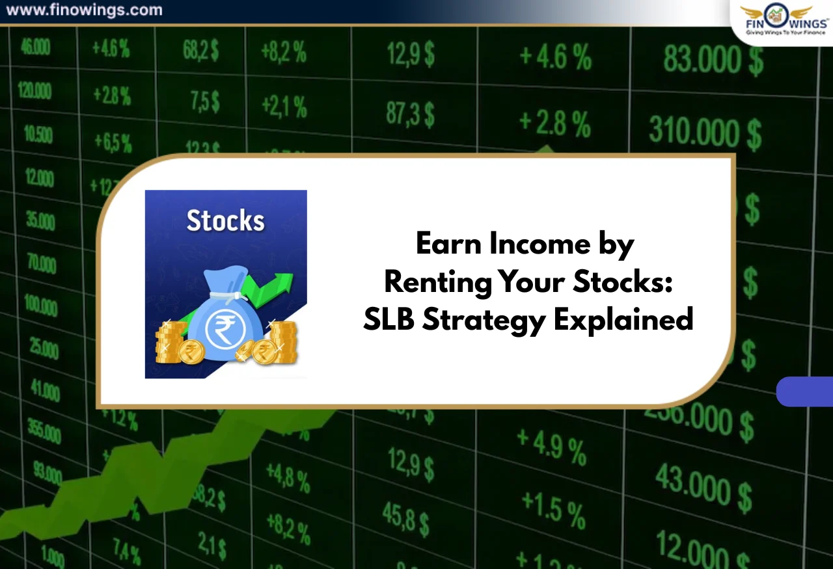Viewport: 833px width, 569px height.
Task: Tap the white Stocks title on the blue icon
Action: click(x=225, y=220)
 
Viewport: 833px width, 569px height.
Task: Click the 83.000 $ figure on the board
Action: click(x=713, y=60)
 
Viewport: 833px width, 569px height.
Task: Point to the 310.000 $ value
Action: click(x=705, y=132)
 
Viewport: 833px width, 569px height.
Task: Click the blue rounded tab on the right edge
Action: click(x=806, y=391)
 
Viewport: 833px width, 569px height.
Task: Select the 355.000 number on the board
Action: click(x=44, y=430)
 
